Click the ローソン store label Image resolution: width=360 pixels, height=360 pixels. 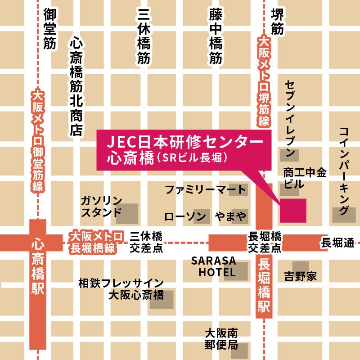click(x=185, y=217)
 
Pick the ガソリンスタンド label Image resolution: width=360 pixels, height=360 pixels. click(x=101, y=206)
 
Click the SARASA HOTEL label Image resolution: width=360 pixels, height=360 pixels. click(x=213, y=266)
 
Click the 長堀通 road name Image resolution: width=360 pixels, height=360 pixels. click(x=337, y=243)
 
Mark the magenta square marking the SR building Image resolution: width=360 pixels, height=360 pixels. click(x=293, y=210)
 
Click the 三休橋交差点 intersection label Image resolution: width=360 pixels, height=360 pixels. click(x=146, y=242)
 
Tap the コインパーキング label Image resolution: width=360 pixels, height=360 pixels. click(x=344, y=171)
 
